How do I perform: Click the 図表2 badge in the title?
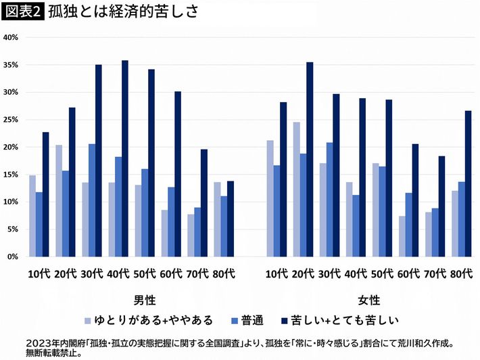click(x=23, y=12)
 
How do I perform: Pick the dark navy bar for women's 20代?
click(x=310, y=160)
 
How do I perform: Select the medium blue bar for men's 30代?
click(x=92, y=200)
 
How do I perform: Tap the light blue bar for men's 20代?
click(x=59, y=201)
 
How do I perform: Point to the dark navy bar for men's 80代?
click(x=231, y=219)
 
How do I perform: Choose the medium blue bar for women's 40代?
click(x=355, y=226)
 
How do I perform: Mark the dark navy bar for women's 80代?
click(x=469, y=184)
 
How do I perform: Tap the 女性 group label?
click(x=368, y=300)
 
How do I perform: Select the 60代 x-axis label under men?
click(x=172, y=274)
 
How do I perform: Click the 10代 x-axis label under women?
click(x=276, y=274)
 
